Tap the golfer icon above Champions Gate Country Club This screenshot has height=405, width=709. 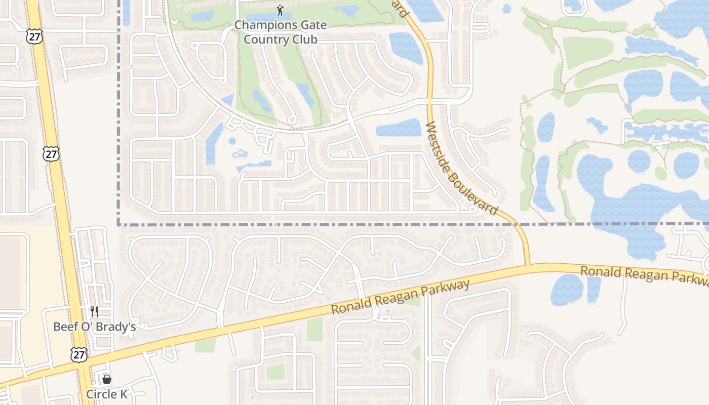280,10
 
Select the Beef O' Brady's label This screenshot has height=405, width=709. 95,327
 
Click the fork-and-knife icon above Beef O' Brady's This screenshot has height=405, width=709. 94,311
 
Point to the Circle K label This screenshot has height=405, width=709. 107,394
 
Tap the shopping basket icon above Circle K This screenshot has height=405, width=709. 107,379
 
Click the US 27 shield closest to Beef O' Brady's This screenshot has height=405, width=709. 78,354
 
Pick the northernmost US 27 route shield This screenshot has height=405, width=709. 35,36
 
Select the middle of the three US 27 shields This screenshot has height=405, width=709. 52,154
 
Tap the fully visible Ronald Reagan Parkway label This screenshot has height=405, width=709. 401,297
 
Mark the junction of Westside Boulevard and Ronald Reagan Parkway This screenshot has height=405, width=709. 527,265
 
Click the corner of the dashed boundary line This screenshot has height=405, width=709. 119,223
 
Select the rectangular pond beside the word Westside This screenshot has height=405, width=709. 399,128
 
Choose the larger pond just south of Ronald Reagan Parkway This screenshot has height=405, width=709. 567,290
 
